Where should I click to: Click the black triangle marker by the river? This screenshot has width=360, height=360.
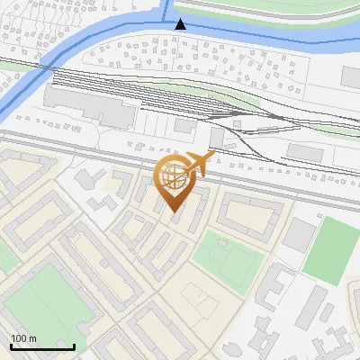pyautogui.click(x=180, y=24)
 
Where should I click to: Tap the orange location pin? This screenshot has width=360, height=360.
pyautogui.click(x=175, y=184)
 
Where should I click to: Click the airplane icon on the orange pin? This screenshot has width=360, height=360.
pyautogui.click(x=199, y=164)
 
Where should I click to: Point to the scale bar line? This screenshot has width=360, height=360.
pyautogui.click(x=42, y=347)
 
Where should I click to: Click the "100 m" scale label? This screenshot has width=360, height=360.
pyautogui.click(x=23, y=338)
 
